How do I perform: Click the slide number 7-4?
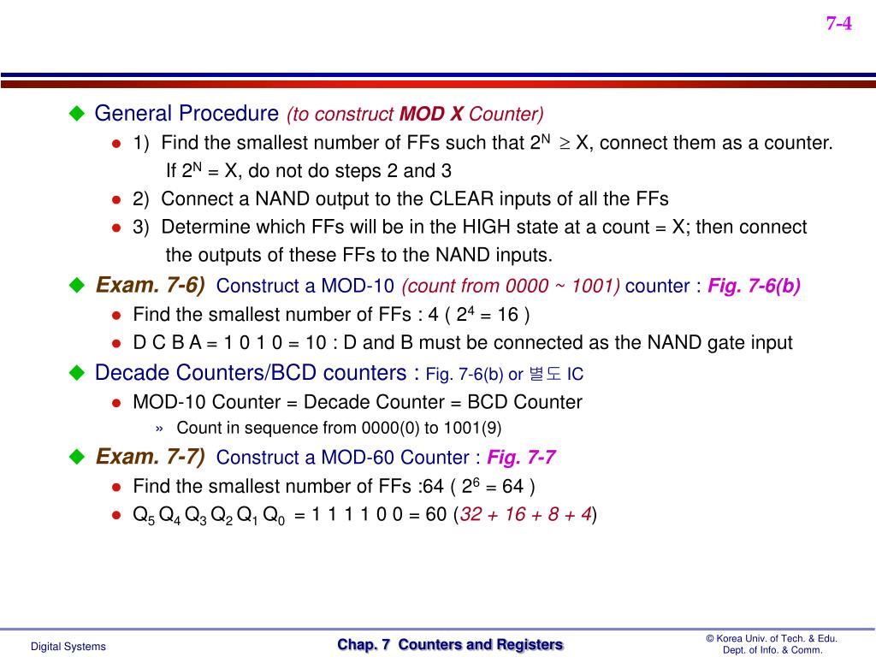pos(838,23)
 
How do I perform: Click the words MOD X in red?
pos(432,114)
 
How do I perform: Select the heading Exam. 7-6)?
pos(150,285)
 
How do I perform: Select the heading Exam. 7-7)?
pos(150,457)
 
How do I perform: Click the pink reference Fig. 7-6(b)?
pos(754,286)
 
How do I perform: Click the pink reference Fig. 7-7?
pos(522,458)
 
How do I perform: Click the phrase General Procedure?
pos(186,113)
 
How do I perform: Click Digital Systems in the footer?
pos(68,647)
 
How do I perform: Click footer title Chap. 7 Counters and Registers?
pos(450,645)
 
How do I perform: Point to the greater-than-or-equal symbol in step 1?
pos(565,143)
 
